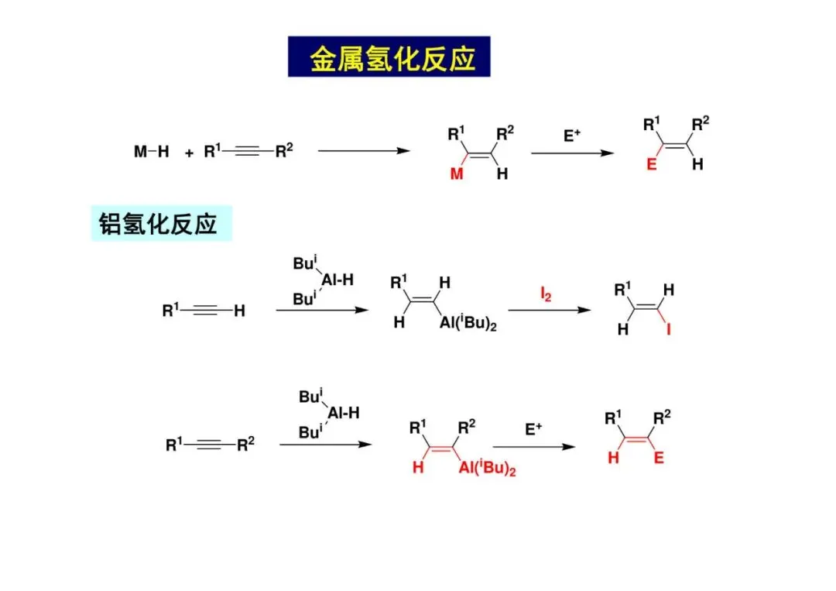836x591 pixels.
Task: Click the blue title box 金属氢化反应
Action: [389, 57]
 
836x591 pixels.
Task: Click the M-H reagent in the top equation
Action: [151, 152]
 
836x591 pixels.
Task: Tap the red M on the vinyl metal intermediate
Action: [457, 174]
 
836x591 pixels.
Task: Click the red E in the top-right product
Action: [651, 165]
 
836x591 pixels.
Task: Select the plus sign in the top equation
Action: [189, 153]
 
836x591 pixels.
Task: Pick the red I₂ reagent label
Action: [546, 294]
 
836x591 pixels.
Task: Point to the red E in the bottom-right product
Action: [659, 459]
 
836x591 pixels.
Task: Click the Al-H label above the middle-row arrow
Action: [336, 280]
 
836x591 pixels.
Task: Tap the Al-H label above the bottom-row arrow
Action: [344, 414]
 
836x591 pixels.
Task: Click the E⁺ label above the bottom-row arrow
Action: [534, 428]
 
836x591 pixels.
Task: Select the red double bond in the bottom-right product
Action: [636, 439]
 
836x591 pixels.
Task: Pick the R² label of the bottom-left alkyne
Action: [246, 445]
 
